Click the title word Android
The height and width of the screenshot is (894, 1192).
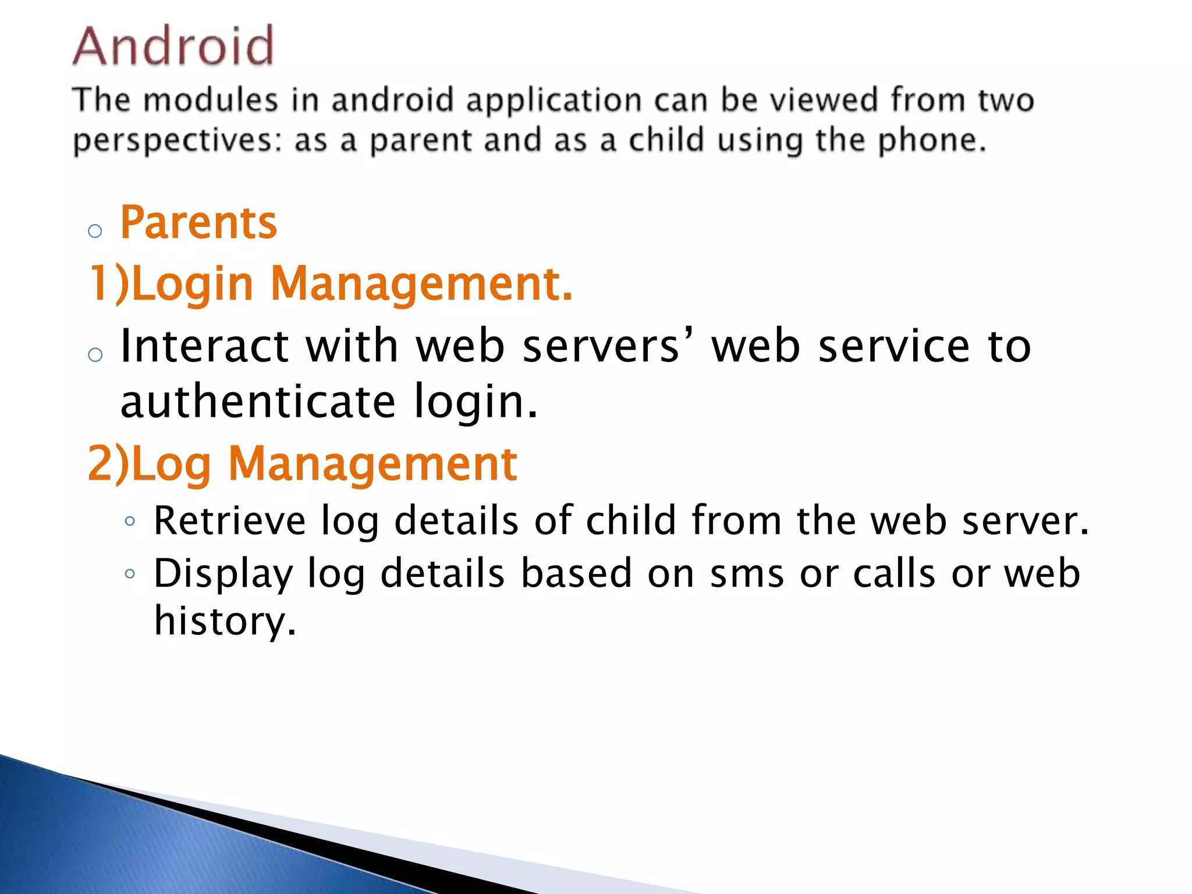tap(173, 46)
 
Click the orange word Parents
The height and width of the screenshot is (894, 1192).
tap(198, 223)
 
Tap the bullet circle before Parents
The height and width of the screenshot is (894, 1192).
tap(95, 232)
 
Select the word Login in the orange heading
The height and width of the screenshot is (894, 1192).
tap(193, 285)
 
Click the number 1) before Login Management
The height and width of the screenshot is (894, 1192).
tap(108, 285)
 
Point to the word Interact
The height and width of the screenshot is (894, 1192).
tap(204, 346)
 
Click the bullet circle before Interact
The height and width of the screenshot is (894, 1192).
tap(95, 354)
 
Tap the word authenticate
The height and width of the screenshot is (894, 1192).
tap(258, 402)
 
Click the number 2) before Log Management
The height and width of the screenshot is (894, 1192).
tap(108, 464)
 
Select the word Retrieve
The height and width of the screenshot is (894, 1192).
tap(229, 520)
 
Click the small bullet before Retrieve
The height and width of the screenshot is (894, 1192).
tap(130, 521)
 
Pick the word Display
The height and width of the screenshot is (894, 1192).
tap(223, 574)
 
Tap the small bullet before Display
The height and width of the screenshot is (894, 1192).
tap(130, 574)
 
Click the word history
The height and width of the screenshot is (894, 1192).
tap(225, 620)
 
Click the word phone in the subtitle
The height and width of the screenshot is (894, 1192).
tap(931, 140)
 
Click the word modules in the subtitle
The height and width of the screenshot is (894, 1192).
tap(211, 100)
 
